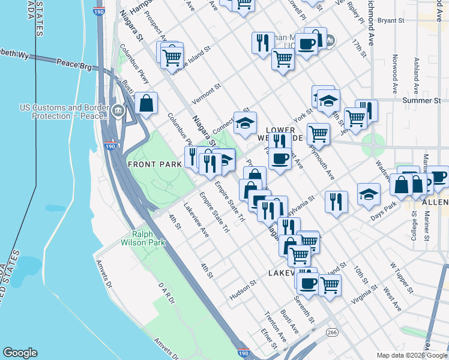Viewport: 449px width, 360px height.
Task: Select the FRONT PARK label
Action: [149, 164]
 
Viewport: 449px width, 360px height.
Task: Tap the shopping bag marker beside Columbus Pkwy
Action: [146, 103]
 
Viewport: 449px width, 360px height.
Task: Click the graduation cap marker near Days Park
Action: [369, 194]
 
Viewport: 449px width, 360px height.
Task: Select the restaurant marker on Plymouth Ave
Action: [336, 200]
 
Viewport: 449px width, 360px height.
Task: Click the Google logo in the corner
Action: [20, 353]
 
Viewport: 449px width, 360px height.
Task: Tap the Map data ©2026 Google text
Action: [411, 355]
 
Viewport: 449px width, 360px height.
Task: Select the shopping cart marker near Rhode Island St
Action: [172, 56]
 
